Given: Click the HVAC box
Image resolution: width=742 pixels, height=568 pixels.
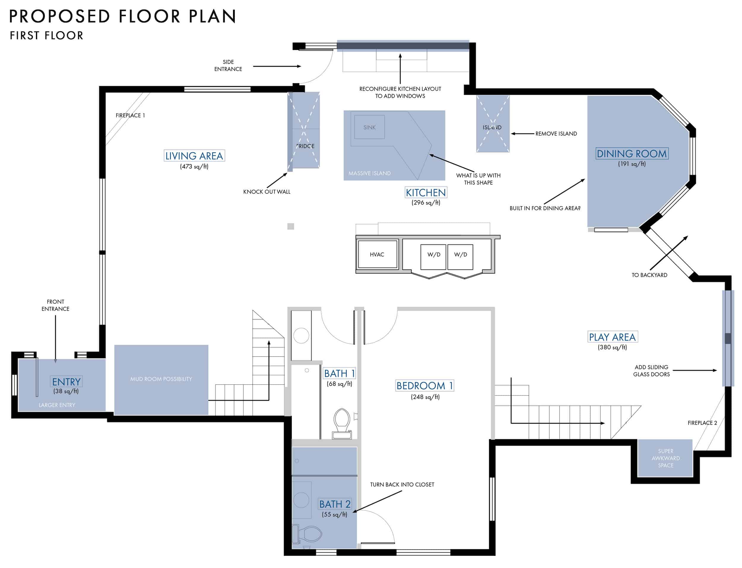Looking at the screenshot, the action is tap(377, 254).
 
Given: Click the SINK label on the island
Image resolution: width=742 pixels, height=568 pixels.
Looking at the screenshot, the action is tap(369, 127).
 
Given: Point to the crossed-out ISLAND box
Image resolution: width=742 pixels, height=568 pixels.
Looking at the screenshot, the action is tap(493, 124).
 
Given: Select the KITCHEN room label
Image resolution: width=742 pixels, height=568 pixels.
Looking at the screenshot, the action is tap(426, 193).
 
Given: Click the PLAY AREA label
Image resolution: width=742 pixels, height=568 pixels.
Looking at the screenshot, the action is tap(612, 337).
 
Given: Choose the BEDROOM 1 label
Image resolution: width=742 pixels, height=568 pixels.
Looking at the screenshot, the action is tap(424, 386).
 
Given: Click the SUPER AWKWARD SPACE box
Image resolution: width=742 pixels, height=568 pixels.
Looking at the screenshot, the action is tap(665, 458).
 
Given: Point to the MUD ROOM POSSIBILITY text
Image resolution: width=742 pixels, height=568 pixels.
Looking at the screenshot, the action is tap(161, 379).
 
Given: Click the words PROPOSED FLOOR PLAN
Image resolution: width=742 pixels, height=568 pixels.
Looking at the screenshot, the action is tap(122, 16).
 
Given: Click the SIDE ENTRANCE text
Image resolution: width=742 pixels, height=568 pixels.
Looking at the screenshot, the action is tap(228, 66).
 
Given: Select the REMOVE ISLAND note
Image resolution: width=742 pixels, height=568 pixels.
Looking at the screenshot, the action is tap(556, 134).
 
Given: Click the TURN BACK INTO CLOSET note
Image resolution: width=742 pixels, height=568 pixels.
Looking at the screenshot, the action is tap(402, 485).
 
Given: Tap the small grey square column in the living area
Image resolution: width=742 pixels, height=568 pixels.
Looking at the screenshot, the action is tap(291, 227).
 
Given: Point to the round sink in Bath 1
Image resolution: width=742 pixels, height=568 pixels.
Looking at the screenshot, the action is tap(301, 336).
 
